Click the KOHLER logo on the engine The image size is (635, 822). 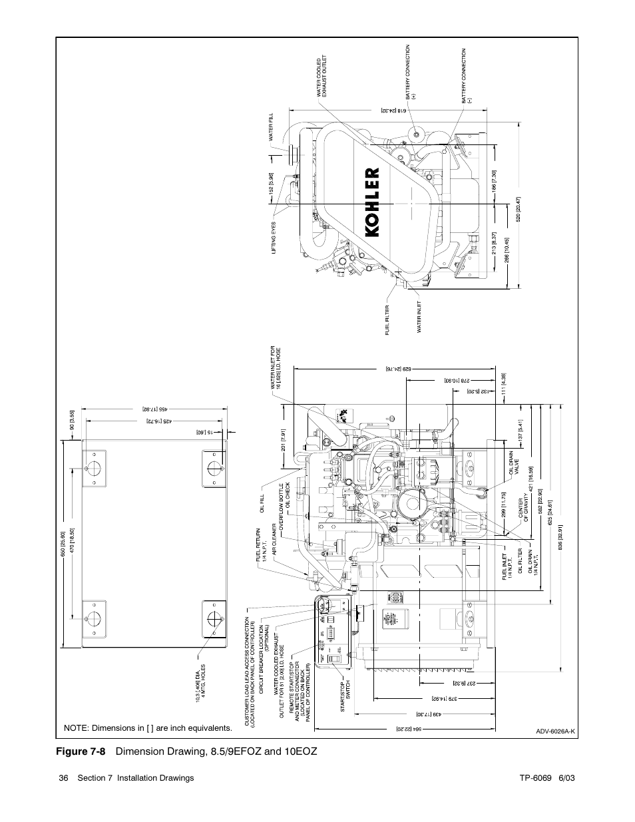[373, 201]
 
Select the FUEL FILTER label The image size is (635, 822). [387, 320]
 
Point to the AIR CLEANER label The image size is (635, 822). [274, 539]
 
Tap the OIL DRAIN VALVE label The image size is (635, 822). [513, 463]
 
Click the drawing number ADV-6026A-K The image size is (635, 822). [555, 731]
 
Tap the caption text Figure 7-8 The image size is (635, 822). [85, 751]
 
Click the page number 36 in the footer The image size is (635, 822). [64, 777]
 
